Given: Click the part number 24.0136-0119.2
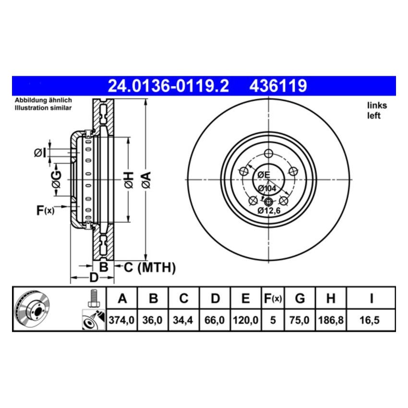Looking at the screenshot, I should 168,86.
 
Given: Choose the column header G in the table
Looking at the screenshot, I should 300,299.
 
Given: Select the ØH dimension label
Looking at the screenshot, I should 128,180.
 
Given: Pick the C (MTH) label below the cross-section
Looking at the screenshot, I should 150,267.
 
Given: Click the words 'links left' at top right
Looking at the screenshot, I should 377,110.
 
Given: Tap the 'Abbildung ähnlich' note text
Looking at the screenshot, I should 43,100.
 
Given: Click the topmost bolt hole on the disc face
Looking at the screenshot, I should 268,153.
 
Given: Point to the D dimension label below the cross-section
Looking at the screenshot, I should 94,277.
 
